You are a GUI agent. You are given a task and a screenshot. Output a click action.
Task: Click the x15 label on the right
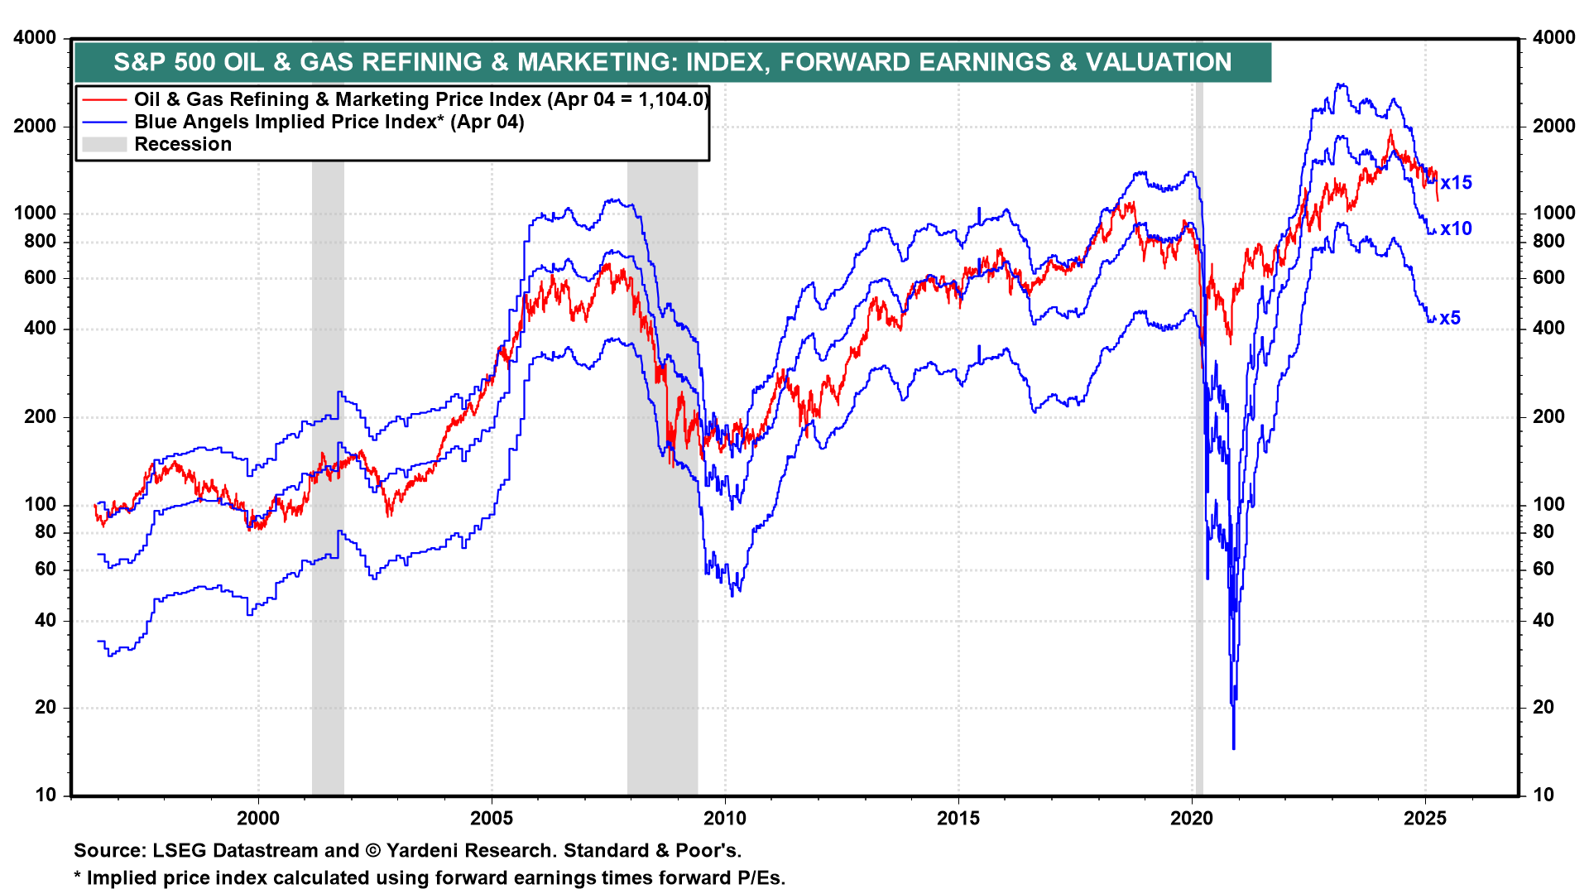click(x=1456, y=183)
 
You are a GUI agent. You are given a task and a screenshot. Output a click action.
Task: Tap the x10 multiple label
click(x=1456, y=229)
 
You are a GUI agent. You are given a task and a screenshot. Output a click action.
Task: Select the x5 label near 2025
click(x=1450, y=318)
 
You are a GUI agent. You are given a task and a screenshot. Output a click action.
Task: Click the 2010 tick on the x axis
click(x=725, y=819)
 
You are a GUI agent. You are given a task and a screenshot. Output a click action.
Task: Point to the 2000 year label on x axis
click(x=258, y=819)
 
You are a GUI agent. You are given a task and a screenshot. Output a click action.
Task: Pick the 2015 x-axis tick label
click(x=958, y=819)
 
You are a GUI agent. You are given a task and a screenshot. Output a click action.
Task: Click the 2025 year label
click(x=1425, y=819)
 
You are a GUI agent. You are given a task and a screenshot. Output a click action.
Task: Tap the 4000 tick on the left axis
click(x=35, y=37)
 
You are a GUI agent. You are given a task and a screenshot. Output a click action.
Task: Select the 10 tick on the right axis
click(x=1543, y=795)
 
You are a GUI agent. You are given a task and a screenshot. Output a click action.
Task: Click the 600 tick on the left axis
click(x=41, y=278)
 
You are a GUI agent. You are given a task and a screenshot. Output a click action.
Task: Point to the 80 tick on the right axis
click(x=1543, y=531)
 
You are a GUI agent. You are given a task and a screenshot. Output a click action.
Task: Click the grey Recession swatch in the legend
click(x=104, y=145)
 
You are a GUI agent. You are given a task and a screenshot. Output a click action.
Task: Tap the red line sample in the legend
click(x=104, y=100)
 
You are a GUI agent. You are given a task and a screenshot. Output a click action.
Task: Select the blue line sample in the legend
click(x=104, y=123)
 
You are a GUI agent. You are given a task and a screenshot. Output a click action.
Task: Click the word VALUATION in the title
click(x=1159, y=62)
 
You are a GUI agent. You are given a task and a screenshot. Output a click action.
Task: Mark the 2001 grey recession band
click(x=328, y=480)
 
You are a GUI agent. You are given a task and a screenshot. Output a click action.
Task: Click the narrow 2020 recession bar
click(x=1199, y=497)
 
